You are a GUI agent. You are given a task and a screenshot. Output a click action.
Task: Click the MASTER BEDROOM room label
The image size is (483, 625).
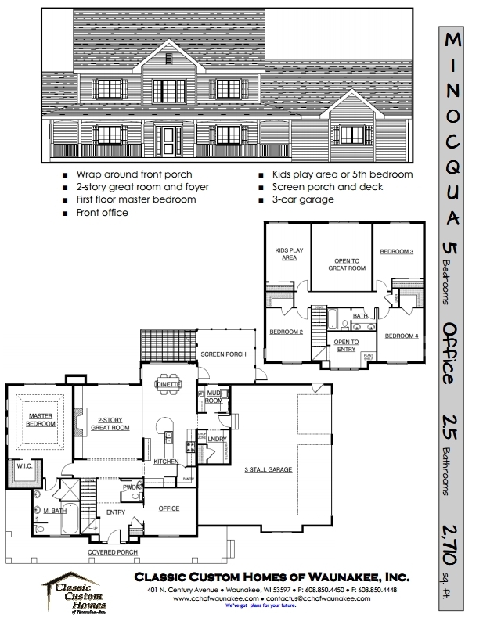coord(41,419)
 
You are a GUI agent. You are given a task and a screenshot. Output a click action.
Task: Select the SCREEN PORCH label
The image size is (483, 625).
coord(223,354)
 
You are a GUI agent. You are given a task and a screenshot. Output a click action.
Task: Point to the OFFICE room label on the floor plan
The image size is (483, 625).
coord(169,508)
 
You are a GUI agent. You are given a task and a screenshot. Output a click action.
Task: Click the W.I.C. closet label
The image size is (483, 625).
coord(24,465)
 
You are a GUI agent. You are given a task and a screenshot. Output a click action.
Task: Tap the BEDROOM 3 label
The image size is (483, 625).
coord(396,251)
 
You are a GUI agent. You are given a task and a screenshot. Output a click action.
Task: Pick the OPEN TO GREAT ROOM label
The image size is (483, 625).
coord(346,264)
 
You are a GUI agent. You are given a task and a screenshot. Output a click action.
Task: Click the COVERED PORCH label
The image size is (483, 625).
coord(112,552)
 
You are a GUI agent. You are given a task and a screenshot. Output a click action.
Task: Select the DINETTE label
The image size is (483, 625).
coord(169,384)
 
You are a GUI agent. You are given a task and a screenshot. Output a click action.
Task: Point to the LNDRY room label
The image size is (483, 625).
coord(218,440)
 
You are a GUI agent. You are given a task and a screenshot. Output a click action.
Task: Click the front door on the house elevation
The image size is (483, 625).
coord(168,141)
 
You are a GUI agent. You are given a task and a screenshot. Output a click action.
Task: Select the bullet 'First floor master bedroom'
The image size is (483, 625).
coord(136,199)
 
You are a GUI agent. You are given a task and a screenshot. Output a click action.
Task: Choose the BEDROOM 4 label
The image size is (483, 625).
coord(400,336)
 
